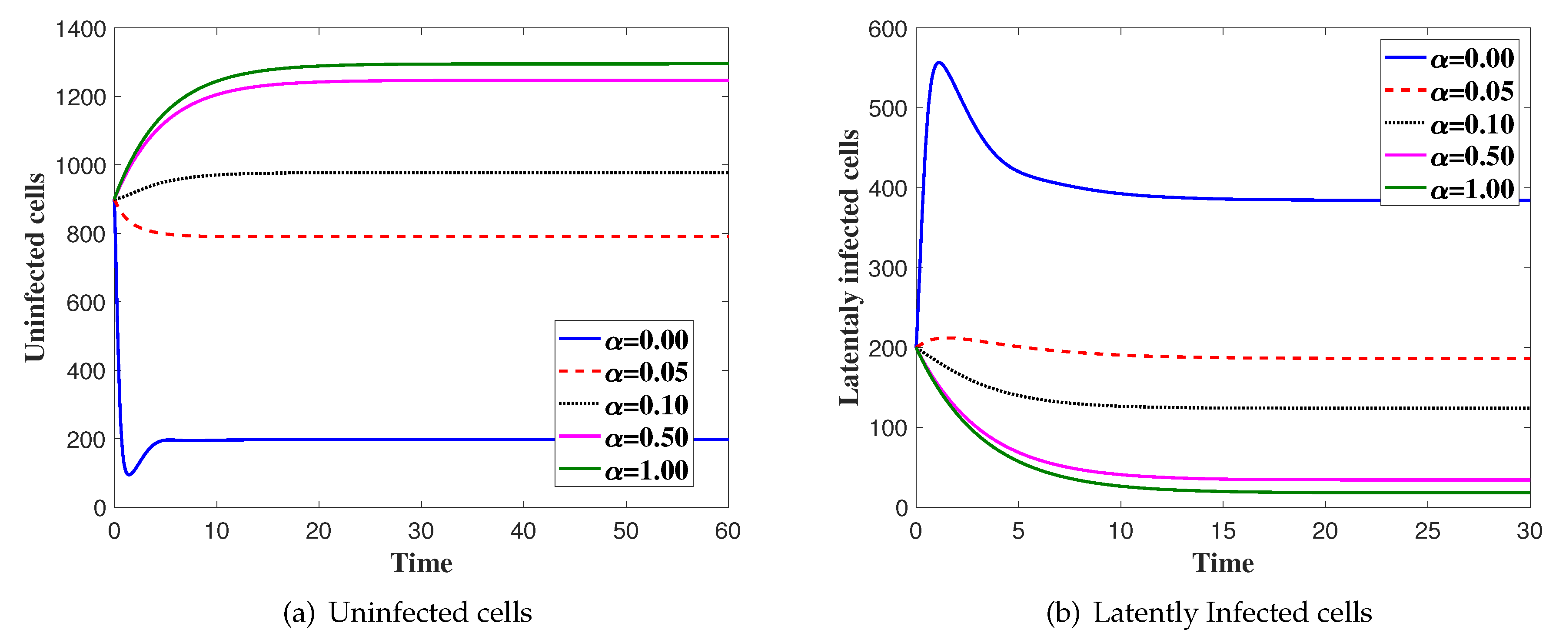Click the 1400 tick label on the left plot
[80, 29]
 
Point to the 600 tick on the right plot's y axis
[888, 29]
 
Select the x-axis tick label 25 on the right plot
[1427, 531]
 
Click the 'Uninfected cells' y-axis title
[35, 267]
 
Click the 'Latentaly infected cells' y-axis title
[849, 267]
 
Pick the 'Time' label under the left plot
[421, 563]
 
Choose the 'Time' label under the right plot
[1223, 563]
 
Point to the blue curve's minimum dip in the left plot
[129, 474]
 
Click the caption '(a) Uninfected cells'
[408, 612]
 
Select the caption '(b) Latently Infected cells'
[1209, 612]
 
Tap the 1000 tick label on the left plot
[80, 166]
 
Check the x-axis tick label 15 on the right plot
[1223, 531]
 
